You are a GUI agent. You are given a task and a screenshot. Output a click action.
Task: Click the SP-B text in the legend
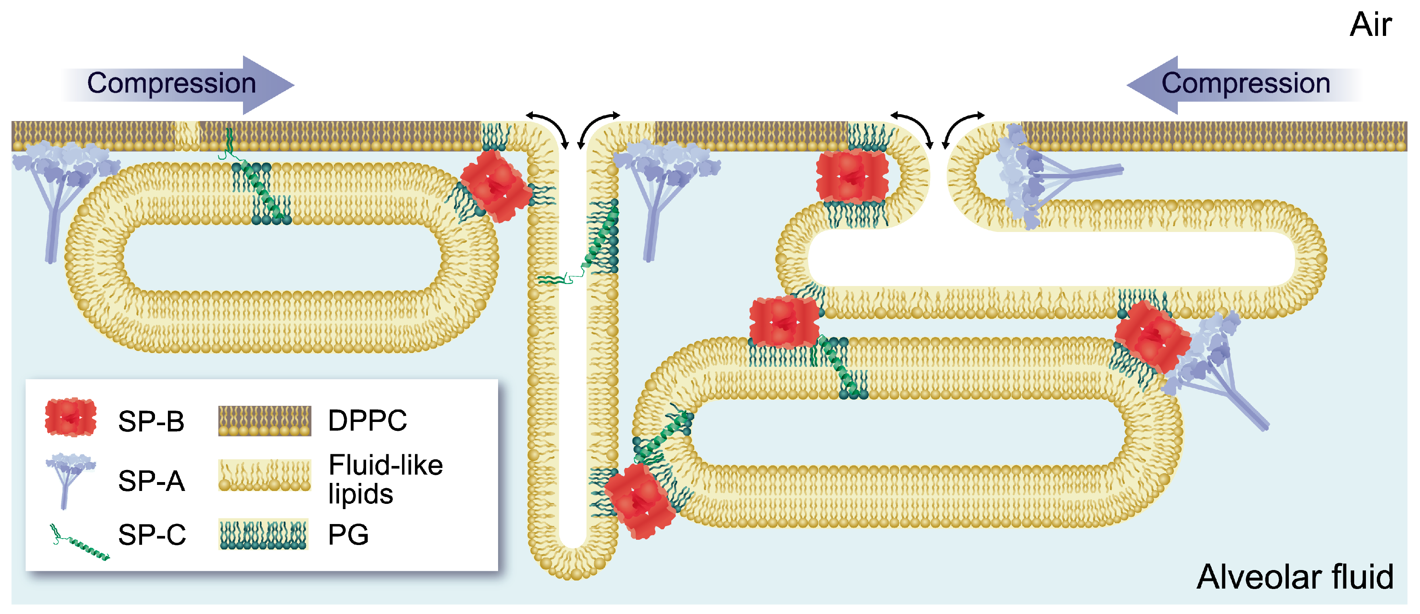click(151, 421)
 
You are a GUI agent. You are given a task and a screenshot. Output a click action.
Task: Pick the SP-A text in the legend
click(151, 480)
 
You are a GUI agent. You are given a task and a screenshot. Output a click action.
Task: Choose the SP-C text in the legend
click(152, 535)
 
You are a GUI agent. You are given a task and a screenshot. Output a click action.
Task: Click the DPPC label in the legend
click(367, 420)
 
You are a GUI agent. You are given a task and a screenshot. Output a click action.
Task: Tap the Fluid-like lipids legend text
click(385, 479)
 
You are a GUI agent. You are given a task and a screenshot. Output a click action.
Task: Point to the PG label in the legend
click(348, 535)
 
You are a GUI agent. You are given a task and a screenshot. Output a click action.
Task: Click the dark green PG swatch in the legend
click(263, 535)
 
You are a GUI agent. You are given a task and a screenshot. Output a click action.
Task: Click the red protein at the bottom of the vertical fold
click(639, 501)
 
